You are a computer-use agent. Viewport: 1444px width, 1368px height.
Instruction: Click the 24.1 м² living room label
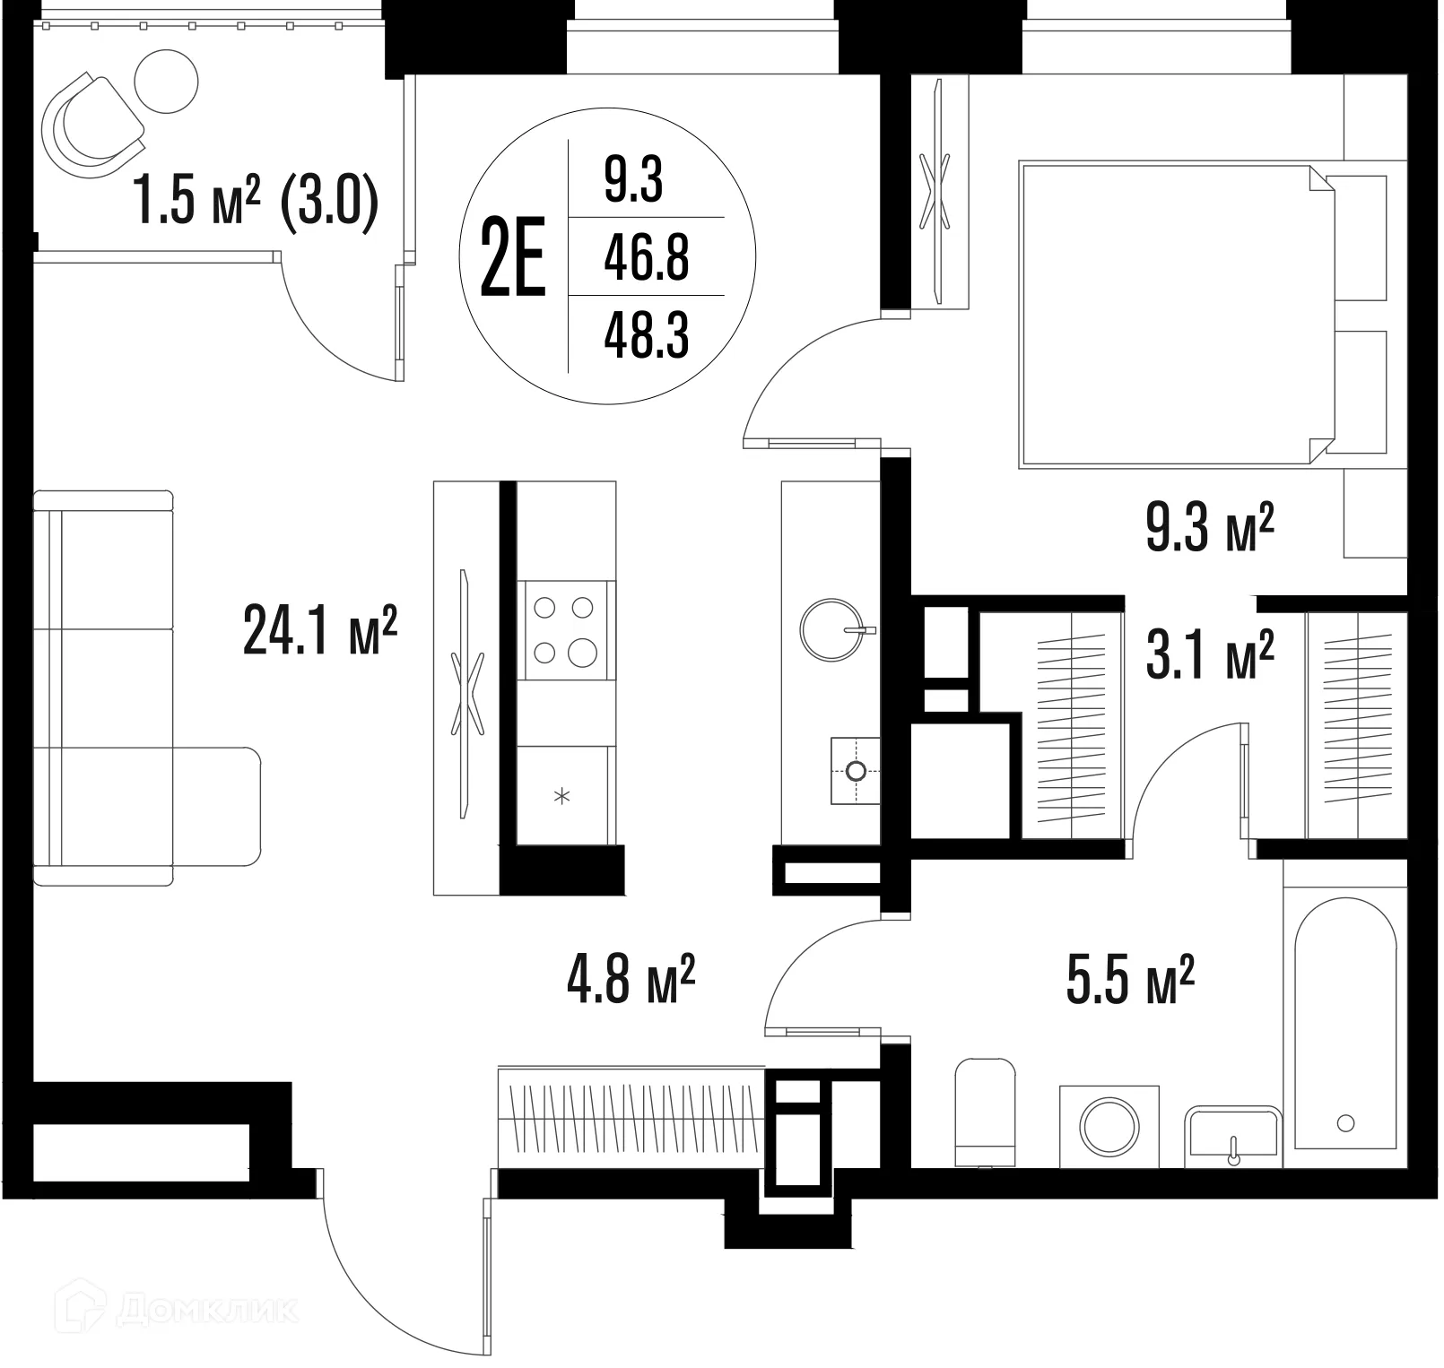click(320, 631)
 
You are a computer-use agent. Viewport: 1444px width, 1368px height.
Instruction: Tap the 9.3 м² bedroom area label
click(1210, 529)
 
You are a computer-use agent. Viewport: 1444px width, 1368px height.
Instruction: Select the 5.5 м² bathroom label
click(1129, 981)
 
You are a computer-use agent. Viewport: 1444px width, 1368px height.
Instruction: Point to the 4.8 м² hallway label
click(631, 981)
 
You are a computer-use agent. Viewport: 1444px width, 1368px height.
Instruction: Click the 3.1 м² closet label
click(1210, 655)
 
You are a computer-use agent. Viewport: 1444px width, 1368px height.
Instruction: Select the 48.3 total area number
click(646, 336)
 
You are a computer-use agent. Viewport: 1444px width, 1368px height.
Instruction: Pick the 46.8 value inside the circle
click(646, 258)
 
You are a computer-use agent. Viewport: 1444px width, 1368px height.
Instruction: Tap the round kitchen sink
click(831, 630)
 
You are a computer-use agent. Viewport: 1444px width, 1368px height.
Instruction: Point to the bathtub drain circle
click(1344, 1123)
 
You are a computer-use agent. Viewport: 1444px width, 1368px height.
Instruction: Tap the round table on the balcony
click(166, 80)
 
